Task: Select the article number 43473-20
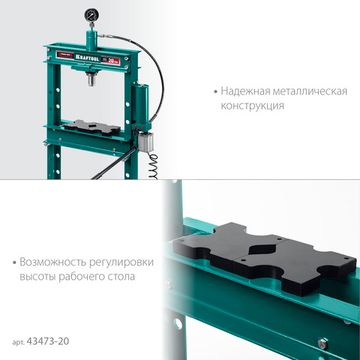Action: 53,343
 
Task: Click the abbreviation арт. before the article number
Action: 20,343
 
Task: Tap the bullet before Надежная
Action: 215,89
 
